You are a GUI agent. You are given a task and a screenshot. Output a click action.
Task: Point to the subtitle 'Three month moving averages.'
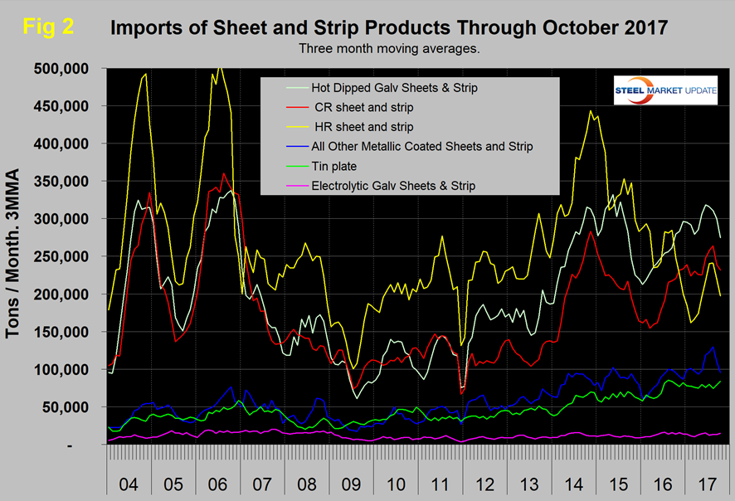(x=389, y=48)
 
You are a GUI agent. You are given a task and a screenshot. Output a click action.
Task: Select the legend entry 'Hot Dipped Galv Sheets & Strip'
(x=394, y=86)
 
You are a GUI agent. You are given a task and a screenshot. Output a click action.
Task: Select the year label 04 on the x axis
(x=130, y=482)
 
